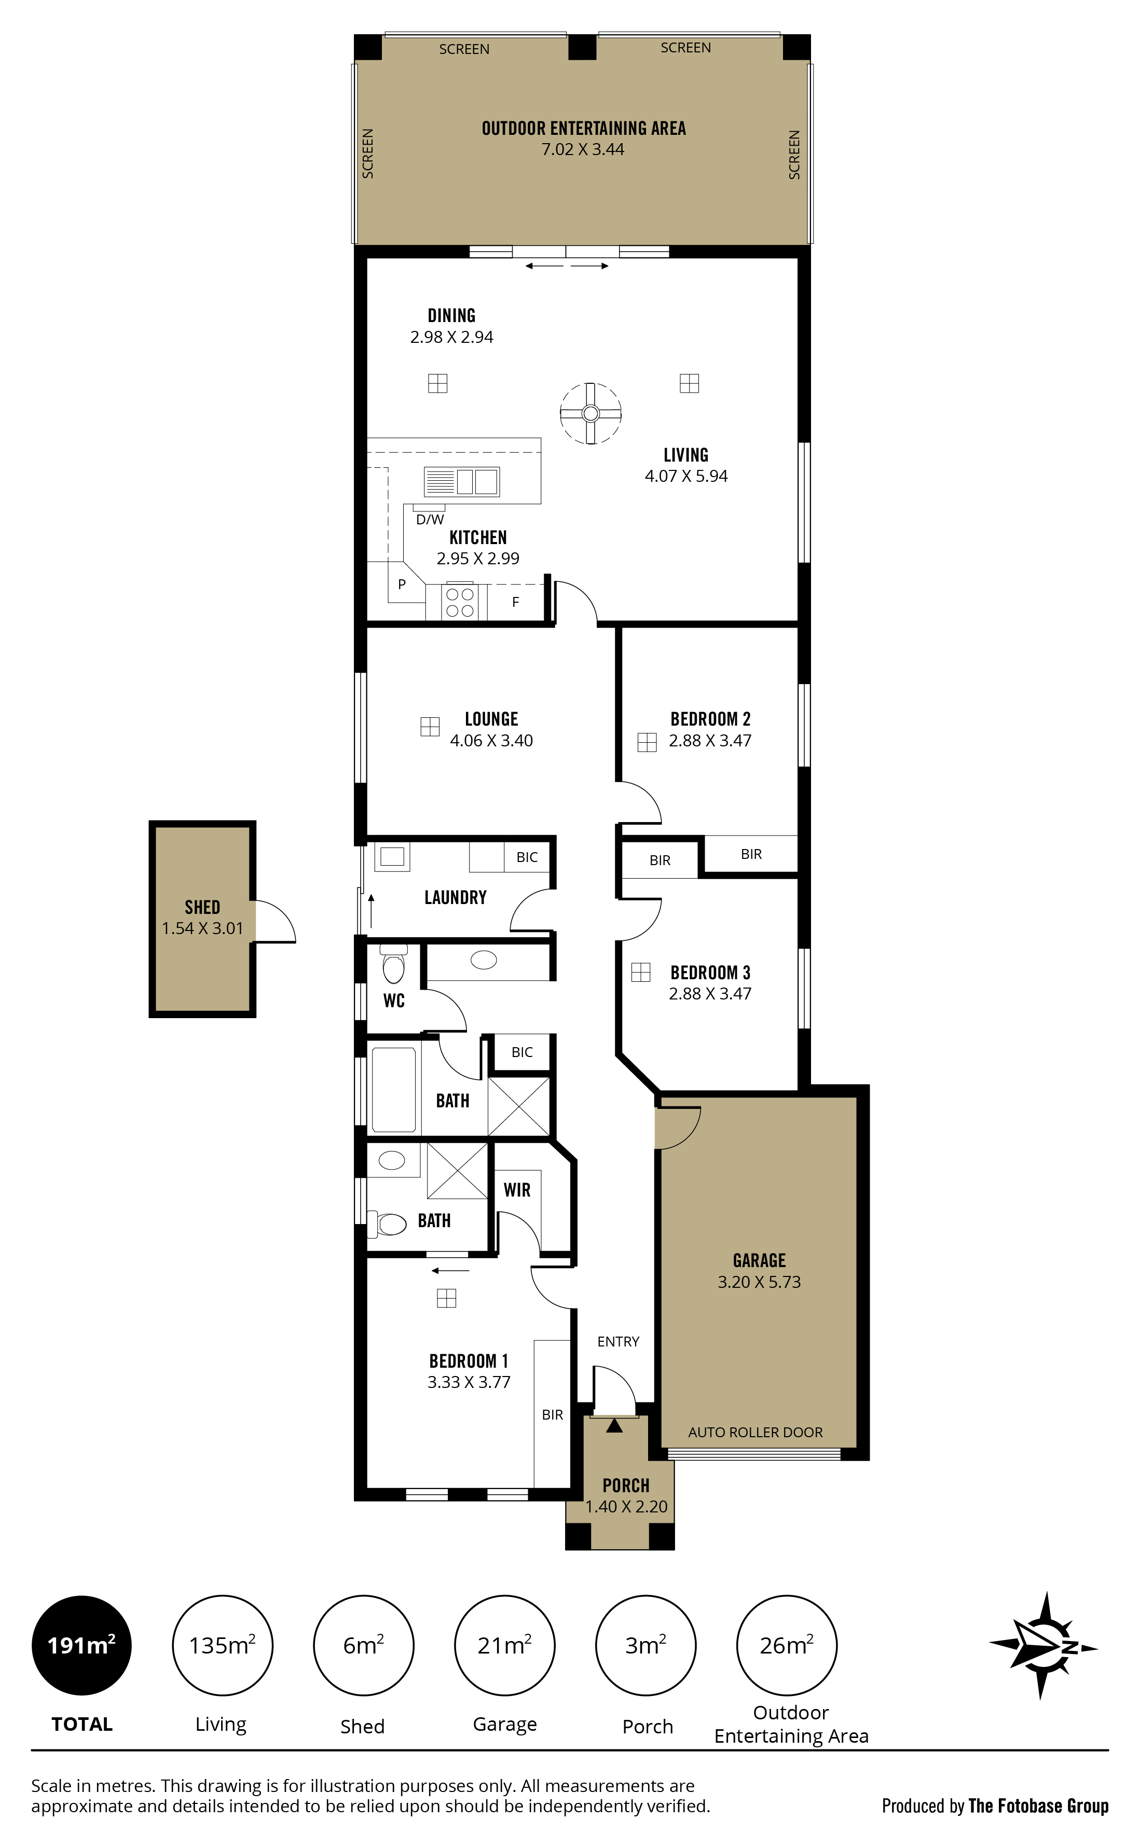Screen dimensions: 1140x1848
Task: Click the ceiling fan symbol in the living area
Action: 590,413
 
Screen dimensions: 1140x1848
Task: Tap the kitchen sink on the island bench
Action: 461,481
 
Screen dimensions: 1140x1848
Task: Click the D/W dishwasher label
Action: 430,519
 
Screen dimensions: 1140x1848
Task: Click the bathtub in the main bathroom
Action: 393,1090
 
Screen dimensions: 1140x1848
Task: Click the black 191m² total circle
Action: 81,1645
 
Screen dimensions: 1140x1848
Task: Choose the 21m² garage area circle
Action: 504,1645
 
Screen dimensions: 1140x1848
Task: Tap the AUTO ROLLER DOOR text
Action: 756,1432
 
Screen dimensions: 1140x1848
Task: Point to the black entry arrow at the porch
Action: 614,1425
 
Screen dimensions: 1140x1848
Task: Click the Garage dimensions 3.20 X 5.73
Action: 759,1282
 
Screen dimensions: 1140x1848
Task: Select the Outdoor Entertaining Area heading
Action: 584,128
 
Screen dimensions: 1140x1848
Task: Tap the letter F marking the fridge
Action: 516,602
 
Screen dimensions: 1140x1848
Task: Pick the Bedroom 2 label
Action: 710,719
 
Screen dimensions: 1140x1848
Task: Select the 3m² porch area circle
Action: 646,1645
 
